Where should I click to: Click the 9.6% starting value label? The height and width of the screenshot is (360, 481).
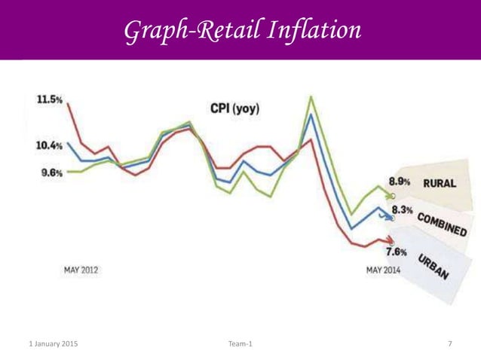[x=51, y=172]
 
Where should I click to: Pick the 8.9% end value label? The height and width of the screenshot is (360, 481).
[x=400, y=182]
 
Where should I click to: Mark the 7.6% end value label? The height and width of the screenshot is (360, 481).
[x=397, y=252]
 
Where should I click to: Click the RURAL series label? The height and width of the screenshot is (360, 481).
[x=438, y=182]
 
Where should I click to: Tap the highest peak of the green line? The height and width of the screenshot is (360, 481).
[x=311, y=96]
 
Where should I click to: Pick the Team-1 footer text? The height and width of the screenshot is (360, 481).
[x=240, y=344]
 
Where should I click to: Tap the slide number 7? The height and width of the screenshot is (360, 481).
[x=450, y=344]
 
